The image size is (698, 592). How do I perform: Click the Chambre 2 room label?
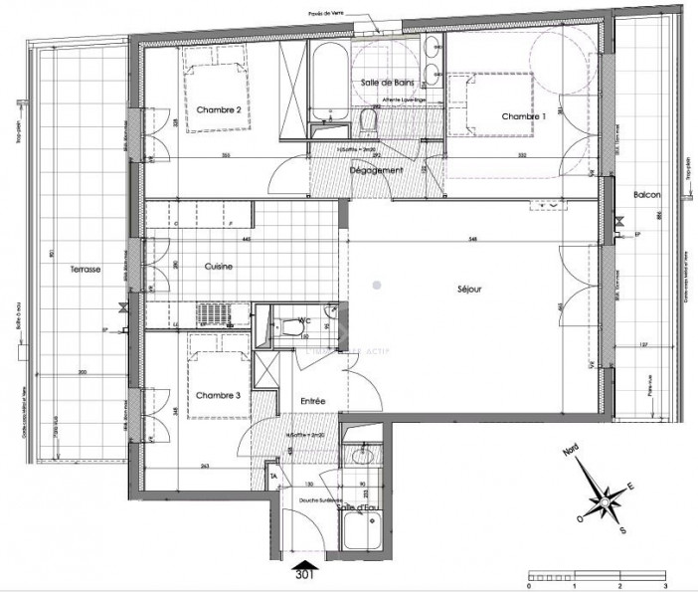[218, 109]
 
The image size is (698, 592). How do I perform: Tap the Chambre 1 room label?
[524, 116]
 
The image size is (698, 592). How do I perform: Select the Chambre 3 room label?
[218, 395]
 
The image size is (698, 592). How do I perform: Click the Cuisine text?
[219, 267]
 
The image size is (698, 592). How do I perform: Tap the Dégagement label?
[376, 171]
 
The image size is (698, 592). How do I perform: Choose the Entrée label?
[315, 400]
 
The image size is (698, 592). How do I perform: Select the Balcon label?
[647, 194]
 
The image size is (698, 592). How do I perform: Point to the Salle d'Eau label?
[358, 507]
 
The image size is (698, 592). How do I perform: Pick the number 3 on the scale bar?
[664, 576]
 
